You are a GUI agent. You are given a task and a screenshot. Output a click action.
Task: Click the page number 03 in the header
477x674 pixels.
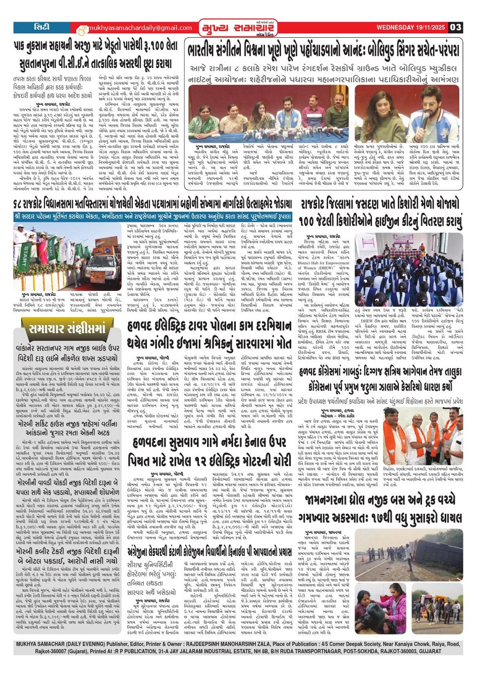tap(455, 27)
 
